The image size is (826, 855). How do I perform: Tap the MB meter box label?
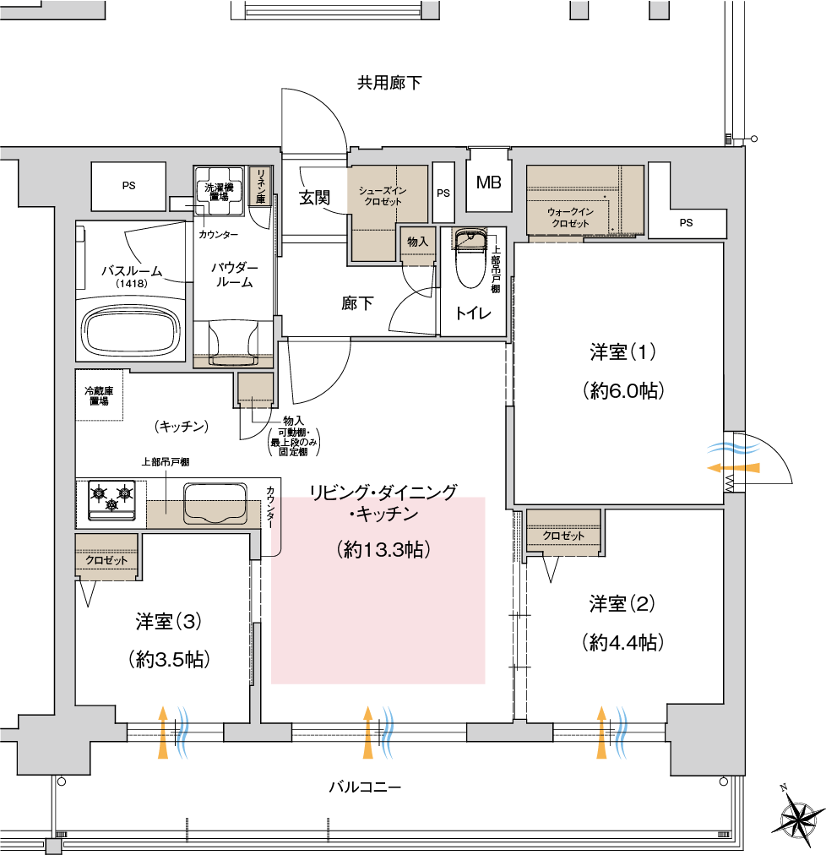[x=488, y=182]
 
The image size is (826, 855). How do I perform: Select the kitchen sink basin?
[x=215, y=503]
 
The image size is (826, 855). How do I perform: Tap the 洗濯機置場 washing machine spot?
[x=219, y=192]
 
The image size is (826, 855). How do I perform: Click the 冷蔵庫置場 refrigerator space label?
[x=99, y=396]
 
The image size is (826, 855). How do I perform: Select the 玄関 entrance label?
[x=314, y=197]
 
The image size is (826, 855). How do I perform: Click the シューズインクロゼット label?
[x=383, y=196]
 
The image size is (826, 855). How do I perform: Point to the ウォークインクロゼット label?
[x=570, y=218]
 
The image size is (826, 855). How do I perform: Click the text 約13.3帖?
[x=383, y=549]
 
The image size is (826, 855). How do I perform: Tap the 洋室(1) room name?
[x=623, y=351]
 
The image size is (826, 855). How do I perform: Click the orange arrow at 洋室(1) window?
[x=733, y=468]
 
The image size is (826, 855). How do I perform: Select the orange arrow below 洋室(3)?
[x=162, y=732]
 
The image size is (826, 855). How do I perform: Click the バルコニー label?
[x=365, y=787]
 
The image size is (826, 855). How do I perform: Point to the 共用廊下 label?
[x=389, y=83]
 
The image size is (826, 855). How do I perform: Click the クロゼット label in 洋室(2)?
[x=563, y=536]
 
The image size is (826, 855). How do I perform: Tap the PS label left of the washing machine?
[x=128, y=185]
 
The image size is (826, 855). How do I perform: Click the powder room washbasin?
[x=234, y=342]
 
